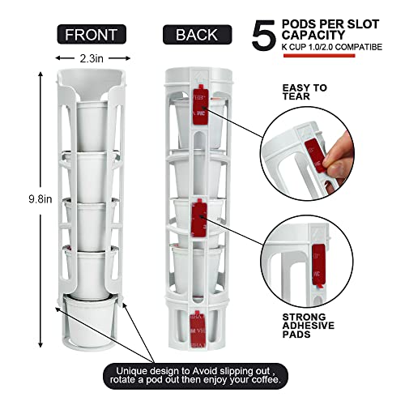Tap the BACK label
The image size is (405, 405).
[x=197, y=34]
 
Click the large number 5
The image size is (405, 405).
[x=266, y=36]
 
